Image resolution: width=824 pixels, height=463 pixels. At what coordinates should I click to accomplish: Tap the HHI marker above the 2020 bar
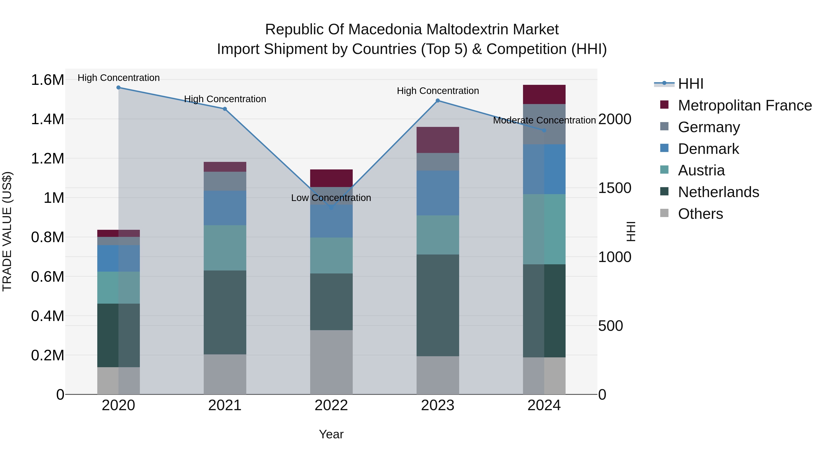pos(118,87)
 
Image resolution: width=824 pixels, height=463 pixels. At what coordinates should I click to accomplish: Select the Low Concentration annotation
pos(331,198)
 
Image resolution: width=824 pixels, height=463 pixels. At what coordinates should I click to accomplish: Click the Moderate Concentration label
pos(544,120)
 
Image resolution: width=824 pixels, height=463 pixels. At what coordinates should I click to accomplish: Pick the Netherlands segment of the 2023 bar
pos(438,305)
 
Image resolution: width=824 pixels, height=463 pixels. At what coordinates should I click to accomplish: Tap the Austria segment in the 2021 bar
pos(225,248)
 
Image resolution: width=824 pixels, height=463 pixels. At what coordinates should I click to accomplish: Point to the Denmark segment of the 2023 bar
pos(438,193)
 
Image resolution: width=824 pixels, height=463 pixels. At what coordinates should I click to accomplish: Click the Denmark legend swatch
pos(664,148)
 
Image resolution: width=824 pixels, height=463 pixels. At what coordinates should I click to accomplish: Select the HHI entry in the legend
pos(690,84)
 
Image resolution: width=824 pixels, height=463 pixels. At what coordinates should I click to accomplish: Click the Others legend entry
pos(700,214)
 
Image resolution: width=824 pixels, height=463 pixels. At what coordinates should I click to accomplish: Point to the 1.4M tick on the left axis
pos(47,119)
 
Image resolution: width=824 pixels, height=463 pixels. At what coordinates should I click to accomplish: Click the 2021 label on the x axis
pos(225,405)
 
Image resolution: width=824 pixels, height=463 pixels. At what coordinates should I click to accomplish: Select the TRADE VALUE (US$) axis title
pos(7,231)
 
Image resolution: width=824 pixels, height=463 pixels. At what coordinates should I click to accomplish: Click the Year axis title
pos(331,434)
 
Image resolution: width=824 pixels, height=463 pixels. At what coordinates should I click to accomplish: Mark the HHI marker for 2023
pos(438,101)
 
